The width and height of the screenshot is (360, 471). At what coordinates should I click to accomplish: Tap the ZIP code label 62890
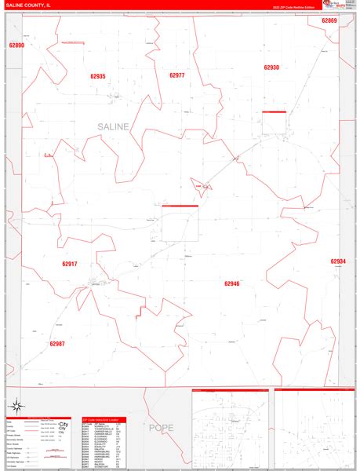pos(16,46)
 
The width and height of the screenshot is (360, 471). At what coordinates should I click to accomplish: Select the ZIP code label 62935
pos(97,76)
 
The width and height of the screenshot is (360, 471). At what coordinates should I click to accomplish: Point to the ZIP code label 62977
pos(176,75)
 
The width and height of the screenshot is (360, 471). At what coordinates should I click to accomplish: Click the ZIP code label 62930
pos(271,68)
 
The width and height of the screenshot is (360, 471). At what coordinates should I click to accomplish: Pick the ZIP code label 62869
pos(329,20)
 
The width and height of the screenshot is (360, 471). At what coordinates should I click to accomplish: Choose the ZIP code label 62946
pos(231,283)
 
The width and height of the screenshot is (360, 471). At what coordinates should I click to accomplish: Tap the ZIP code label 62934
pos(338,261)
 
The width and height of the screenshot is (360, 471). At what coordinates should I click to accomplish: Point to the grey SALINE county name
pos(115,126)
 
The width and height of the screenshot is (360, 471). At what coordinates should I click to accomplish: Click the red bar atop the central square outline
pos(180,206)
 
